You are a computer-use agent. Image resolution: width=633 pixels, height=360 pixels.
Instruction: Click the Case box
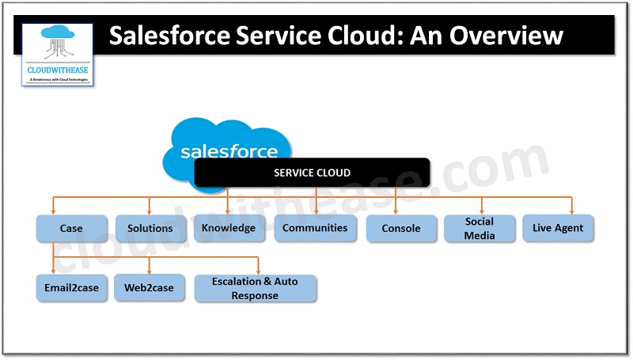[x=71, y=228]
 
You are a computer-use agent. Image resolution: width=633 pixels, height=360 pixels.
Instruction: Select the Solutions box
[x=150, y=228]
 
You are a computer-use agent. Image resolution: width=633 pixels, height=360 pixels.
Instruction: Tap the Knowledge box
[x=228, y=228]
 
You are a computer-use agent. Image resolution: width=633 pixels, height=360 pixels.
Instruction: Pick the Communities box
[x=315, y=228]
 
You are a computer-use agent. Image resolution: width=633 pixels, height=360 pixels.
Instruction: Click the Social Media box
[x=479, y=228]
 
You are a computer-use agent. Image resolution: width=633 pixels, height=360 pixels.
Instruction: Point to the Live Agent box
[x=558, y=228]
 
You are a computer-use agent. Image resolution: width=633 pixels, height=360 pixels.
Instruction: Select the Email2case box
[x=71, y=287]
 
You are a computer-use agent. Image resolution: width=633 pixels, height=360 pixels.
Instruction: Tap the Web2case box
[x=149, y=287]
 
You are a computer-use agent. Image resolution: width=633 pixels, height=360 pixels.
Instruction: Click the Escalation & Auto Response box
[x=255, y=289]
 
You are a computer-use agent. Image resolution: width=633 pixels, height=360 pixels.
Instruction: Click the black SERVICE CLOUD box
[x=312, y=172]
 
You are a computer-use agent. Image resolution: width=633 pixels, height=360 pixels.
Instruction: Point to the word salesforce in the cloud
[x=229, y=151]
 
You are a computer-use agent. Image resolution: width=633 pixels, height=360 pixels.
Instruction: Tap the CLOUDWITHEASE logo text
[x=57, y=70]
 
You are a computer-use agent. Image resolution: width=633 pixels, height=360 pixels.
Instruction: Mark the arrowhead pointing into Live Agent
[x=571, y=211]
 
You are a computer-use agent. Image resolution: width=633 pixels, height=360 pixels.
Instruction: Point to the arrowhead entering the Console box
[x=395, y=211]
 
